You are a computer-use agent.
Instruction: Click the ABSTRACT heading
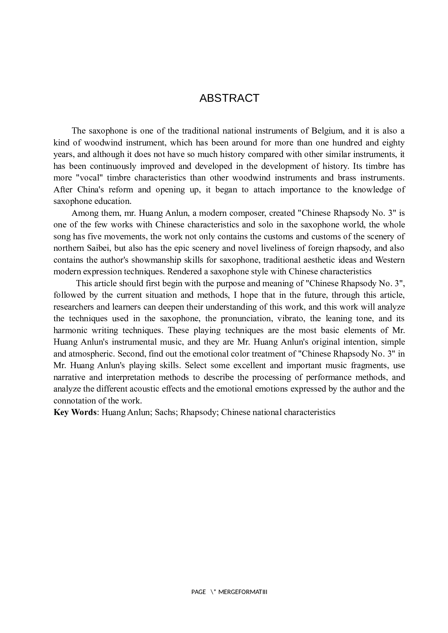(229, 98)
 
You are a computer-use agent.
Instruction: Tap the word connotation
(76, 401)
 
